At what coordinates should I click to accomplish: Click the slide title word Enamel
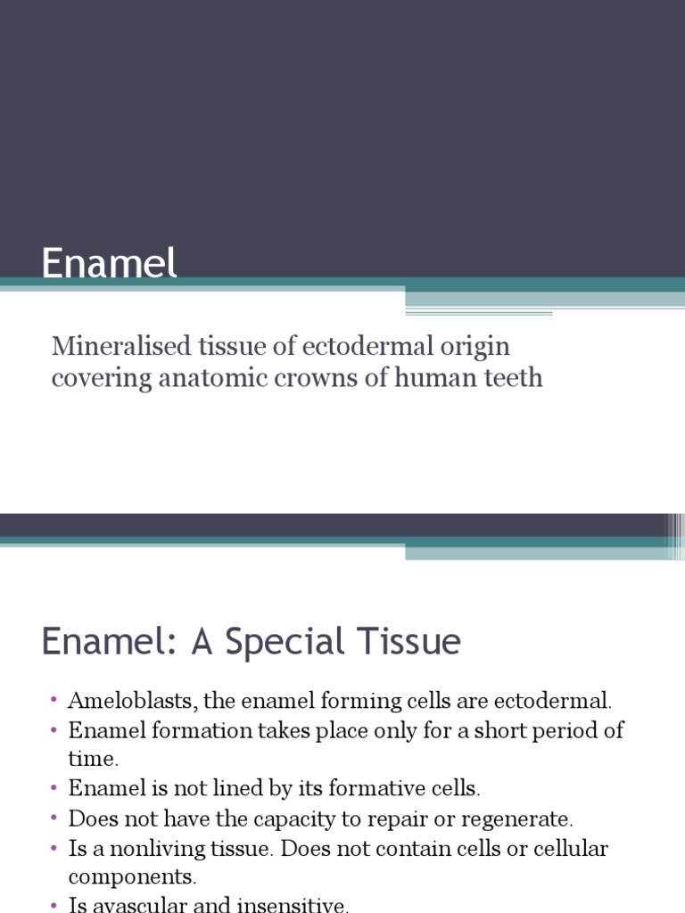point(110,264)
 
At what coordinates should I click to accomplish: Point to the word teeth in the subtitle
point(512,377)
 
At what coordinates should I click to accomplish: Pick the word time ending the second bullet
point(93,760)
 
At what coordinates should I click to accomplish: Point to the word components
point(130,877)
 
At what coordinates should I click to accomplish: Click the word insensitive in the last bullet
point(293,905)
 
